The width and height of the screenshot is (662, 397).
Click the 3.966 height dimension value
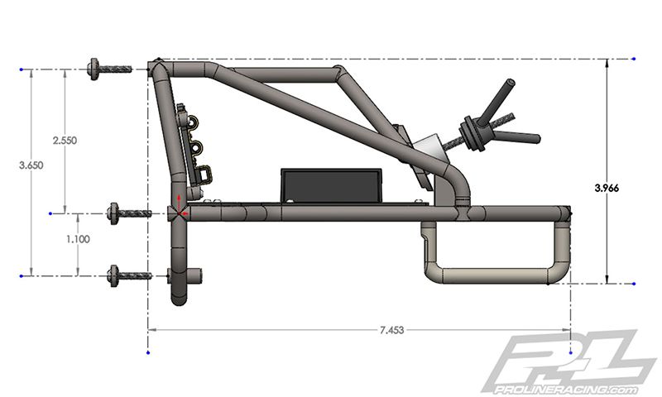click(x=610, y=188)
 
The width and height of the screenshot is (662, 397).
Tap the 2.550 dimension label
click(x=64, y=141)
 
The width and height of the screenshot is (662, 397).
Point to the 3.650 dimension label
click(x=31, y=165)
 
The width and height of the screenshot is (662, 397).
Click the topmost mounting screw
click(x=108, y=69)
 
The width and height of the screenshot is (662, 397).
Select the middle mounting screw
click(x=129, y=213)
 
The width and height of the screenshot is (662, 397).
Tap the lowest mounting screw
click(x=129, y=275)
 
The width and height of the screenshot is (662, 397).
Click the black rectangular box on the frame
click(x=331, y=184)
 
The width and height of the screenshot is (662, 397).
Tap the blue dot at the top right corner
click(x=633, y=59)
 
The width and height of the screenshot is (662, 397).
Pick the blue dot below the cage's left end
click(x=147, y=352)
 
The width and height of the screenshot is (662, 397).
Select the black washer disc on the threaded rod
click(x=471, y=136)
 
